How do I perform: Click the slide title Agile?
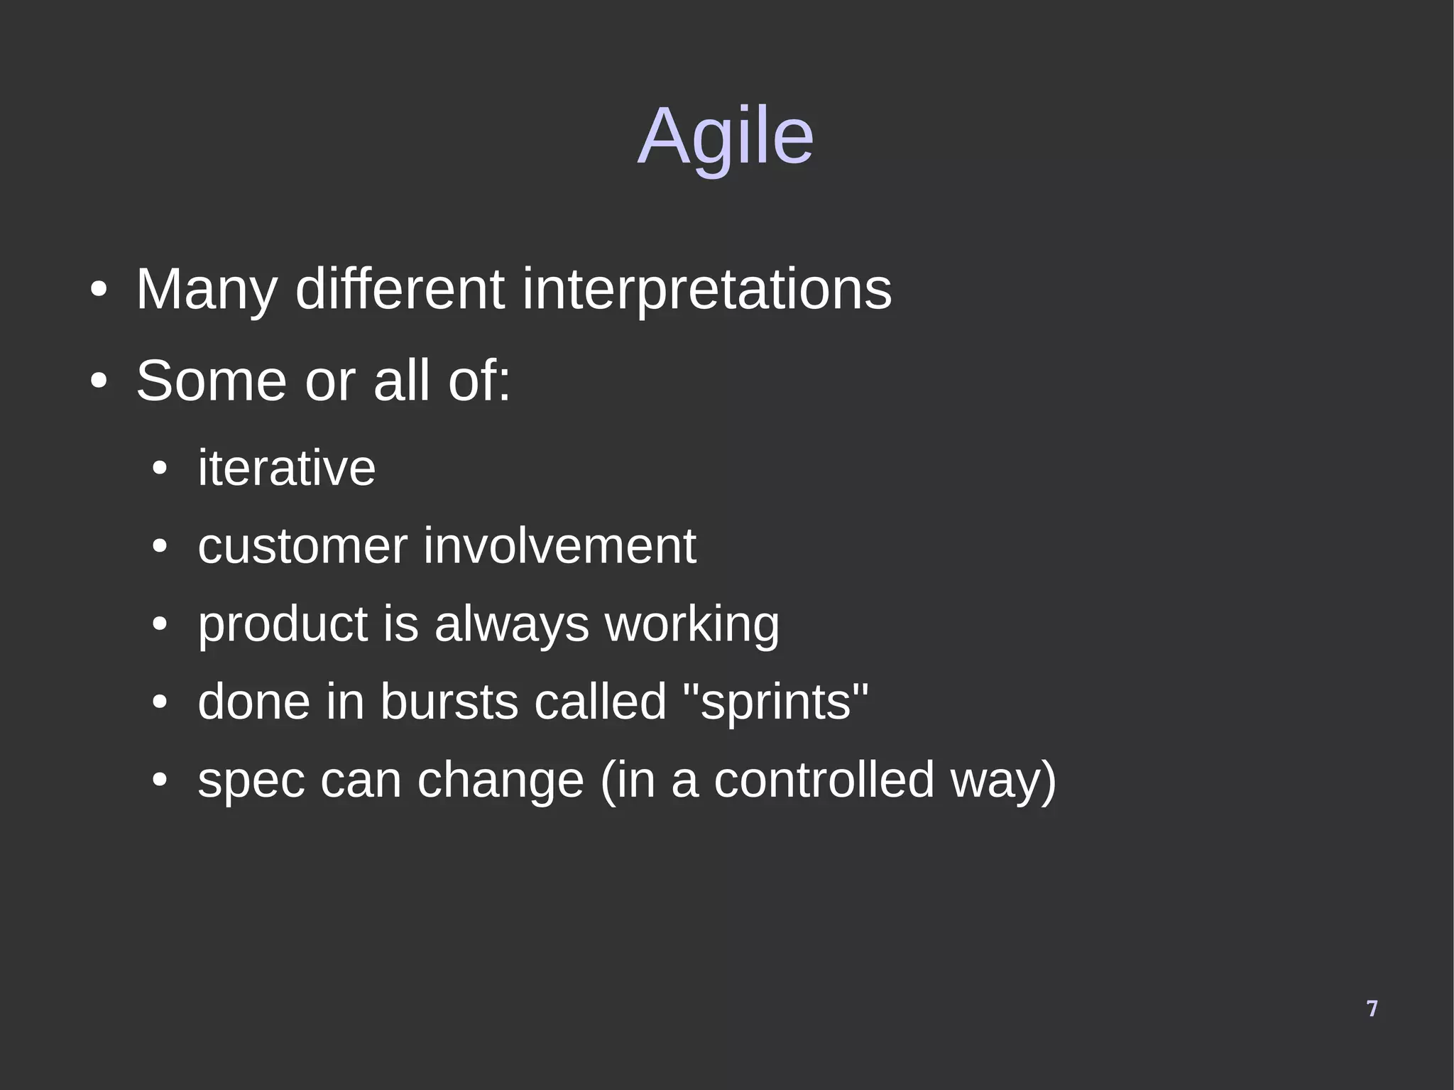[x=725, y=136]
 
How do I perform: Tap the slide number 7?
[x=1372, y=1008]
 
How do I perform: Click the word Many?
[x=206, y=290]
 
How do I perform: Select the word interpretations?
[x=706, y=290]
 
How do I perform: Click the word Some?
[x=211, y=381]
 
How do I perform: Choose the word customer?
[x=302, y=546]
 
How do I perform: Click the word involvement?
[x=559, y=546]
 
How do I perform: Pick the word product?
[x=282, y=625]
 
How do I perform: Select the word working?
[x=692, y=625]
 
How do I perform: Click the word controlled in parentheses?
[x=824, y=780]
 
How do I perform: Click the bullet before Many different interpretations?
[x=99, y=290]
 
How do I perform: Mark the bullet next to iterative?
[x=160, y=469]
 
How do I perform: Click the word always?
[x=511, y=625]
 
